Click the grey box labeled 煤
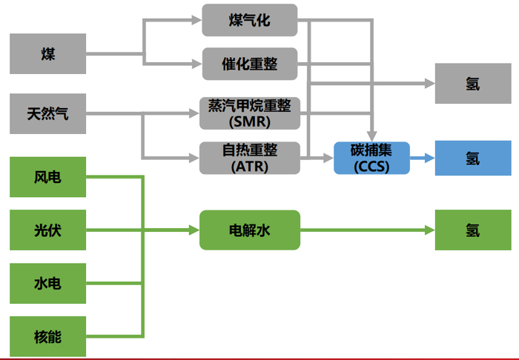[x=47, y=54]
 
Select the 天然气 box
[x=47, y=114]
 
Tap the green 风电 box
[x=47, y=177]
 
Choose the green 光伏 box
[x=47, y=230]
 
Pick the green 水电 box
[x=47, y=284]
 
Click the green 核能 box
[x=47, y=337]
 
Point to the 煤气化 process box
[x=249, y=20]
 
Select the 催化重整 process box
[x=249, y=64]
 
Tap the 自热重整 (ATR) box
[x=249, y=157]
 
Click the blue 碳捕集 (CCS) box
[x=371, y=158]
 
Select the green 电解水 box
[x=249, y=230]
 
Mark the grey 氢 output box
[x=472, y=83]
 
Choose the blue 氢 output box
[x=472, y=158]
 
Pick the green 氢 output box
[x=472, y=230]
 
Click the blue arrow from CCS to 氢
[x=421, y=158]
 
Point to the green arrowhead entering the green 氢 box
[x=429, y=230]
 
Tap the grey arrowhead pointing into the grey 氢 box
[x=429, y=83]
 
